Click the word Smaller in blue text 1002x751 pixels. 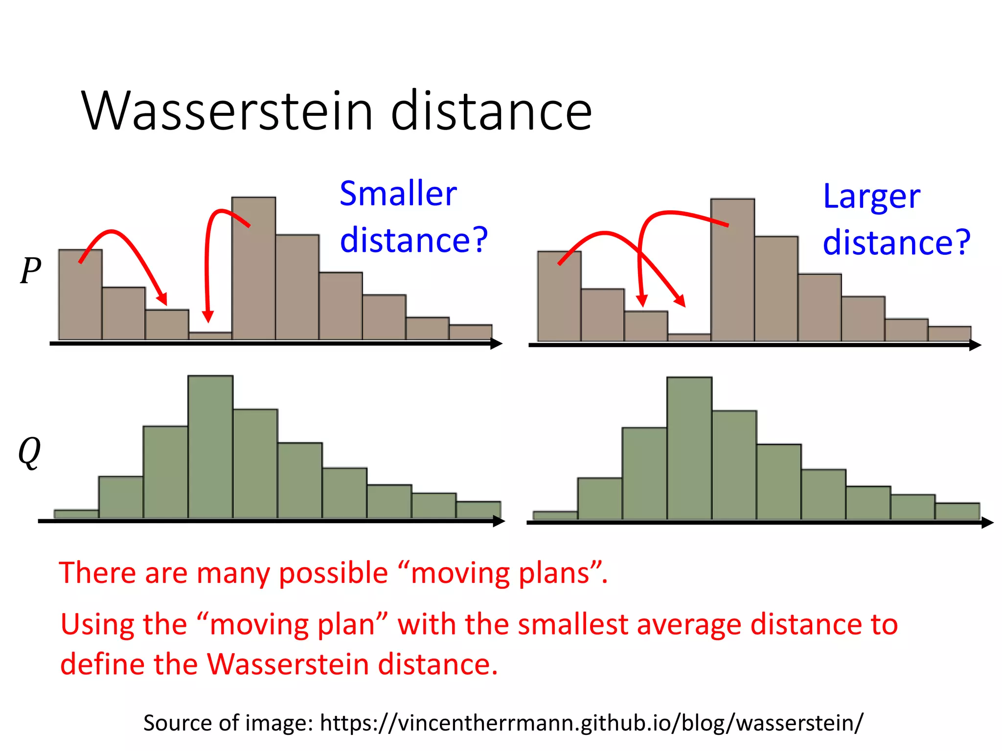coord(398,194)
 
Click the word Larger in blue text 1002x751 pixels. coord(871,196)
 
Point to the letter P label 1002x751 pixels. coord(30,270)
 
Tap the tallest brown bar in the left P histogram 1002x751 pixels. coord(253,269)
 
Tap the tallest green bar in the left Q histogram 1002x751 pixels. coord(210,447)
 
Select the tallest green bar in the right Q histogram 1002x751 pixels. coord(689,449)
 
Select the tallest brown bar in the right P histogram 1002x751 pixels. coord(732,270)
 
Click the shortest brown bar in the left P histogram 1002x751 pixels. coord(210,336)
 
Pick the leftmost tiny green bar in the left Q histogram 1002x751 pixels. coord(76,514)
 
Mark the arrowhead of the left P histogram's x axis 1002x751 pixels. coord(497,344)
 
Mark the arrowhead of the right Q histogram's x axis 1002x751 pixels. coord(987,523)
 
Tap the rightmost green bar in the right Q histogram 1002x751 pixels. coord(957,511)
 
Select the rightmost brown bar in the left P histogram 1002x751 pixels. coord(470,332)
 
